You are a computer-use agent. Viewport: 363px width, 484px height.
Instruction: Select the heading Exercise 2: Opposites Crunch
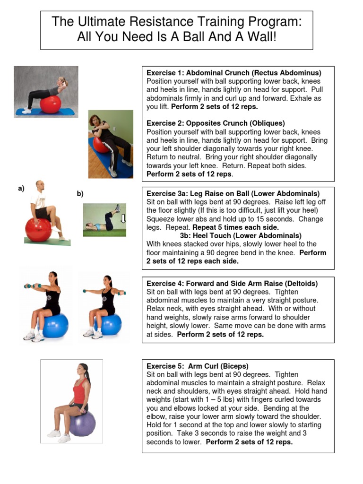216,123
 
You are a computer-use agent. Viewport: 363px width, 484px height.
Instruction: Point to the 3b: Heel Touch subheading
241,235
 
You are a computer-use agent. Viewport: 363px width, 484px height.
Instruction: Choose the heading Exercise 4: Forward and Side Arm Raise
232,284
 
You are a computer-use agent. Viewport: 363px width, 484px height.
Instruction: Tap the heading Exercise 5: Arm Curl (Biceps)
197,366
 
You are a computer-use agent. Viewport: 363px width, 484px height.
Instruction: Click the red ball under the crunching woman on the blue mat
51,104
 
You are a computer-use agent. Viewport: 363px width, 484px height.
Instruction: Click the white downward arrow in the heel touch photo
123,218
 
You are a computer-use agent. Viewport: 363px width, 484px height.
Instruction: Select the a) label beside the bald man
21,189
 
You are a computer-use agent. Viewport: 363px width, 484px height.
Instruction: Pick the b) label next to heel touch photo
80,193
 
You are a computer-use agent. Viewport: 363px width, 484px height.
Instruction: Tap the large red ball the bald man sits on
38,229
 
